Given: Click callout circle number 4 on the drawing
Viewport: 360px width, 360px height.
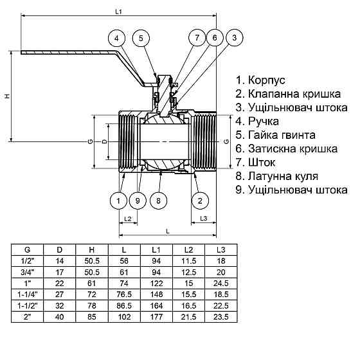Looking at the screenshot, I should tap(117, 38).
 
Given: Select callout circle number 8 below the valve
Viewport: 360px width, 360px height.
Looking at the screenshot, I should tap(158, 201).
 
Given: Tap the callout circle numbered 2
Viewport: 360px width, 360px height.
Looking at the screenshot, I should tap(201, 201).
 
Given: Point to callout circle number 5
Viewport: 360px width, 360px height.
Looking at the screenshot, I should tap(141, 38).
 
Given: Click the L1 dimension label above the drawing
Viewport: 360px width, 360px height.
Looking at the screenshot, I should tap(118, 11).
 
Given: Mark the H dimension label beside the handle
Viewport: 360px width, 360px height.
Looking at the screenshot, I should tap(6, 96).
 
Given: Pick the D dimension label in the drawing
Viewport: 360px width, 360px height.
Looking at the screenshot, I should tap(105, 140).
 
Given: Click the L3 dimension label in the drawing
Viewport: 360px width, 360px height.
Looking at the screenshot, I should tap(203, 220).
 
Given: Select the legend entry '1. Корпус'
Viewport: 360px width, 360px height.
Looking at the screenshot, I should tap(260, 81).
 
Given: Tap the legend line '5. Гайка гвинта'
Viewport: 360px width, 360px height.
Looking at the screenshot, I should tap(276, 135).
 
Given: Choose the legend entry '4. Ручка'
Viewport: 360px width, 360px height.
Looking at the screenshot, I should tap(258, 121).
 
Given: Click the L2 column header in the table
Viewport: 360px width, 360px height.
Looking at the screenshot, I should tap(189, 249).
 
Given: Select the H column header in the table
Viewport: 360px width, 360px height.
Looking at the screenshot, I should tap(91, 249).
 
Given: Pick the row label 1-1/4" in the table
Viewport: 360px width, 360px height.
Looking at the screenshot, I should tap(27, 293).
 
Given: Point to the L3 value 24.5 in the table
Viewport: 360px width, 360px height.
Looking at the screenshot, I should tap(221, 282).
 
